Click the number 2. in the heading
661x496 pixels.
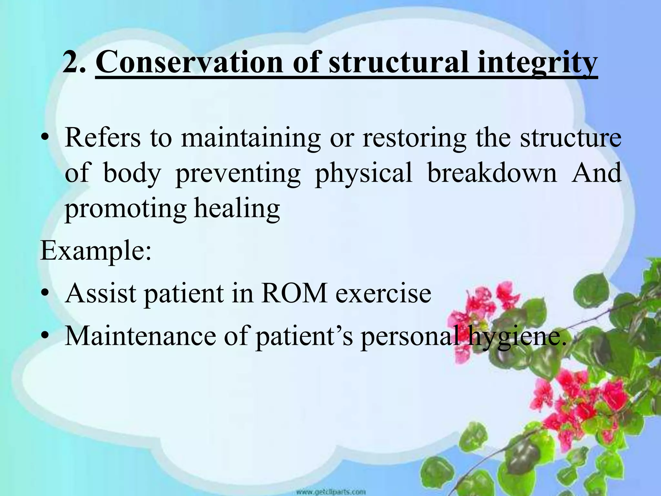75,62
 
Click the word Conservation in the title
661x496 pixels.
189,62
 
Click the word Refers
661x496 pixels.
103,138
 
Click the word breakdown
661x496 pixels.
492,173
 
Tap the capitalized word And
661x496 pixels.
596,173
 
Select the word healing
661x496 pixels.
237,209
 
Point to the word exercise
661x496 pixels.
383,293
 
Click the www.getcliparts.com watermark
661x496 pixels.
330,492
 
